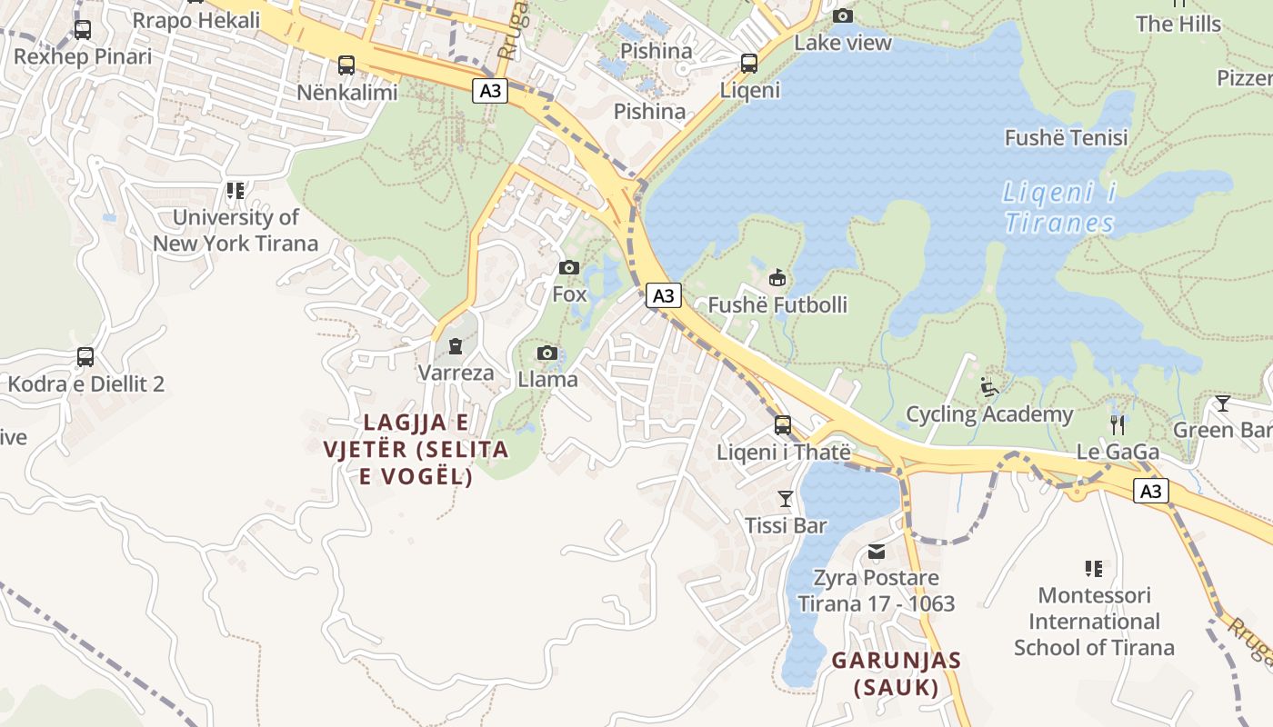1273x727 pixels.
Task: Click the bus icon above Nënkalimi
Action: pyautogui.click(x=346, y=65)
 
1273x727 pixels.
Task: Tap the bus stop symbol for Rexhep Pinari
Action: pyautogui.click(x=82, y=30)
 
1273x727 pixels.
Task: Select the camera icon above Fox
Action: pyautogui.click(x=569, y=267)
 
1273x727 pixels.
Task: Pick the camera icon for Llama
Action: pyautogui.click(x=546, y=354)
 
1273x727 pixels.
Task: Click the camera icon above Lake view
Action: pyautogui.click(x=843, y=15)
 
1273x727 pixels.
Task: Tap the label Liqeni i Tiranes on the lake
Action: pyautogui.click(x=1059, y=208)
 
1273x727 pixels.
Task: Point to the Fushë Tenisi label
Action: pyautogui.click(x=1066, y=138)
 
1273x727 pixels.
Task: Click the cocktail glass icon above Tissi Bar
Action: pyautogui.click(x=786, y=499)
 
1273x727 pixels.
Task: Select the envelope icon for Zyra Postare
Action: pyautogui.click(x=877, y=552)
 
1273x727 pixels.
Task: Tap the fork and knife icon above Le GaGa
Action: pyautogui.click(x=1118, y=424)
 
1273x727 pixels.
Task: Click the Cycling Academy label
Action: pyautogui.click(x=989, y=414)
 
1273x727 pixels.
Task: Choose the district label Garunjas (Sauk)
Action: pyautogui.click(x=897, y=673)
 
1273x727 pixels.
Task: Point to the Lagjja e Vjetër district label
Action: pyautogui.click(x=416, y=449)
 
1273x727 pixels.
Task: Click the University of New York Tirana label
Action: pyautogui.click(x=236, y=230)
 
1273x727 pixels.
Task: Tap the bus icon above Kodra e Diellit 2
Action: pyautogui.click(x=85, y=357)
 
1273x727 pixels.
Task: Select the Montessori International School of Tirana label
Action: pyautogui.click(x=1094, y=622)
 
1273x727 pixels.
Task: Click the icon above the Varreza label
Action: pyautogui.click(x=456, y=346)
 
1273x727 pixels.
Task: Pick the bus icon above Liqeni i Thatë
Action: pyautogui.click(x=782, y=425)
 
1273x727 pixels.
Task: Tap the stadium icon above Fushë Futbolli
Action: pyautogui.click(x=777, y=278)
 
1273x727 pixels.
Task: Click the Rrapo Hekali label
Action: pyautogui.click(x=196, y=20)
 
